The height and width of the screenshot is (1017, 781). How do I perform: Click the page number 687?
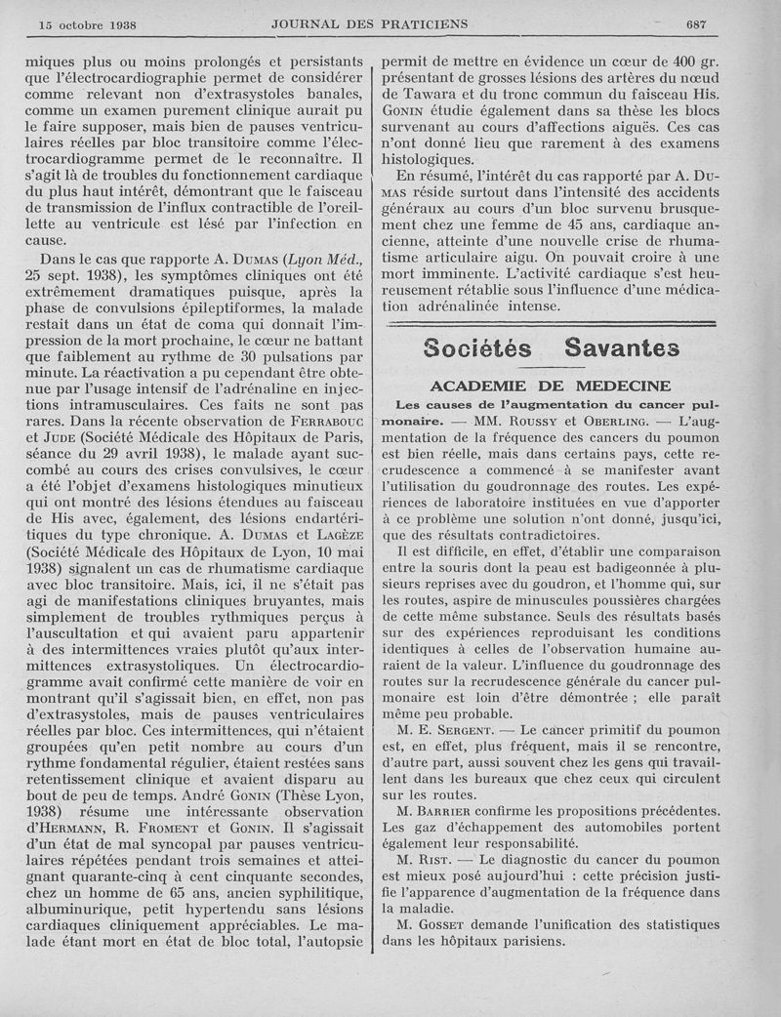(696, 23)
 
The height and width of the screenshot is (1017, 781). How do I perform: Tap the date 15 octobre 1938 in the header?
(87, 23)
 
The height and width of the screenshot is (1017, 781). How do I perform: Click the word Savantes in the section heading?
(621, 346)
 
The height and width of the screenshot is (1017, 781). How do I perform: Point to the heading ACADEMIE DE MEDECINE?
(550, 385)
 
